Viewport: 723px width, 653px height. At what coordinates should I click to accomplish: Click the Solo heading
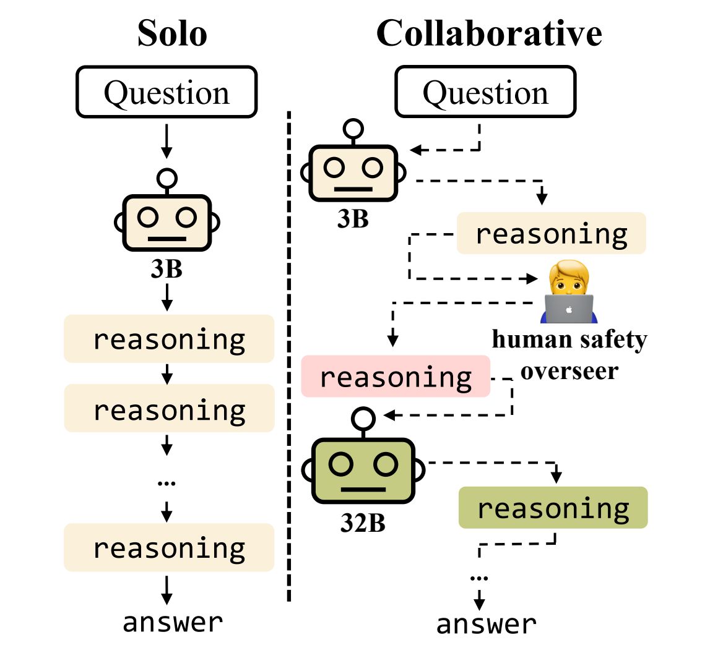[172, 33]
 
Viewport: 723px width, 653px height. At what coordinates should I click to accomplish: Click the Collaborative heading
[489, 33]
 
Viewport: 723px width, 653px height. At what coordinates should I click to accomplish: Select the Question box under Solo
[167, 92]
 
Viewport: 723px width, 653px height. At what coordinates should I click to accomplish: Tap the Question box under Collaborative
[485, 92]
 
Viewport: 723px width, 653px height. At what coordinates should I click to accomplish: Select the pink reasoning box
[396, 376]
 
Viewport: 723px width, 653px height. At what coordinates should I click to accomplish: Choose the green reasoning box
[553, 508]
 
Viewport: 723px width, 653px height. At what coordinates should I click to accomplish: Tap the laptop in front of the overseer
[569, 309]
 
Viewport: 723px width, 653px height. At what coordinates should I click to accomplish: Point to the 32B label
[363, 523]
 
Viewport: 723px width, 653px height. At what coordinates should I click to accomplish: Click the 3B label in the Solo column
[167, 270]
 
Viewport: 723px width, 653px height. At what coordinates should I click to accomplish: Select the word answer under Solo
[173, 622]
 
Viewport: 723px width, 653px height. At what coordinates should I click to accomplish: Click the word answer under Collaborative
[487, 624]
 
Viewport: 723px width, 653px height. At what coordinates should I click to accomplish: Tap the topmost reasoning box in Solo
[169, 339]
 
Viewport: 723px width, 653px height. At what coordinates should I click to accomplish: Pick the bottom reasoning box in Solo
[169, 547]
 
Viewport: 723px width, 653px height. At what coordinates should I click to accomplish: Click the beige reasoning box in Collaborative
[551, 234]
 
